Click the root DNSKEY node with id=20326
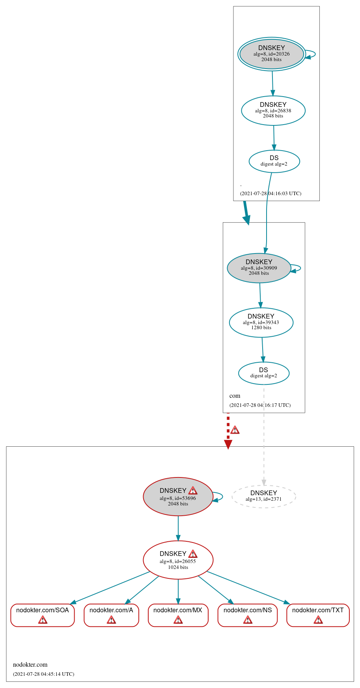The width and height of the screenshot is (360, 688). [272, 54]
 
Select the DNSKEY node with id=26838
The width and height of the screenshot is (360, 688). [273, 110]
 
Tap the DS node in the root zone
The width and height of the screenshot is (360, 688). [274, 161]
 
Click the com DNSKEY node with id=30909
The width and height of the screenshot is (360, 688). [259, 268]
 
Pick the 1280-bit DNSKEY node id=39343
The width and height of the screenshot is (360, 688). [261, 322]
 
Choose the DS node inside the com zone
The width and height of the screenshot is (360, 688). [263, 373]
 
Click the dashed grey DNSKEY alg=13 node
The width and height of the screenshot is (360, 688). [263, 496]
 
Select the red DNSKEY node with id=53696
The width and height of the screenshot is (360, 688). [177, 497]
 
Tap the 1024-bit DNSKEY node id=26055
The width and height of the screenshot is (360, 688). [178, 560]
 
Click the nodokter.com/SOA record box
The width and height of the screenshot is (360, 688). [43, 615]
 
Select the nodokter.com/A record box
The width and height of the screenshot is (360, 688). [111, 615]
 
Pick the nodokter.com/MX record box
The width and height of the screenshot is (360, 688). [178, 615]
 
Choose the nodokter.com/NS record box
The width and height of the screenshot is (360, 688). [248, 615]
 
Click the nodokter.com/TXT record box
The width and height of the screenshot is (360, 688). [318, 615]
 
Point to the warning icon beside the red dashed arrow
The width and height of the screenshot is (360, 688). [235, 430]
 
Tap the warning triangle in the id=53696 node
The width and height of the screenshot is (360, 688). [193, 490]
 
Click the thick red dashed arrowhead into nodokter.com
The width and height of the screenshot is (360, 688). [228, 444]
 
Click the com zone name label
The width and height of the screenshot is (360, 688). [235, 396]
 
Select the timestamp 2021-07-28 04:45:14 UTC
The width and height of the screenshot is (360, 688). [43, 674]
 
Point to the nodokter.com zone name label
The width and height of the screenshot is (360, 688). [30, 664]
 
